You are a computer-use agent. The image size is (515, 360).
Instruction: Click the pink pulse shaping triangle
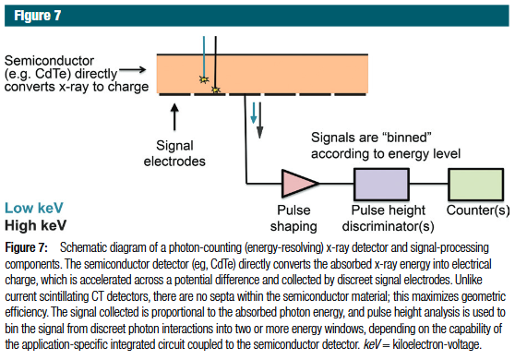coord(297,184)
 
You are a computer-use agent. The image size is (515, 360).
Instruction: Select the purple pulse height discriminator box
coord(381,185)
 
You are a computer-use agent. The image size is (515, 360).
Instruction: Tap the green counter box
coord(476,185)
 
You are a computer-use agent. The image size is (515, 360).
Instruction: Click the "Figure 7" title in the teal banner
coord(38,16)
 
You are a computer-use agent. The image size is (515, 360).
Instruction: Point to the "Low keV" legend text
coord(34,208)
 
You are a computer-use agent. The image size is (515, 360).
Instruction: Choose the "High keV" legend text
coord(35,225)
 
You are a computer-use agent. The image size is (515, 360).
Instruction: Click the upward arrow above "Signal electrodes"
coord(174,117)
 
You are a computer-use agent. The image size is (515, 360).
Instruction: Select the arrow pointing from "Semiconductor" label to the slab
coord(133,69)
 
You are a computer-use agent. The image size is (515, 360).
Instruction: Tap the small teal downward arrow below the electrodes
coord(253,113)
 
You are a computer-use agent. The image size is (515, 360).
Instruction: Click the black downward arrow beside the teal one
coord(259,120)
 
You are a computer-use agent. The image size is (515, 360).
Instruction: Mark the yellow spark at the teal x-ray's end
coord(204,79)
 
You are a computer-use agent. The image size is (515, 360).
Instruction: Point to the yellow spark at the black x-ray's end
coord(215,90)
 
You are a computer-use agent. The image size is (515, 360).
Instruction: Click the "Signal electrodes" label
coord(174,153)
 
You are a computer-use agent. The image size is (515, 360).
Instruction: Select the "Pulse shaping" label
coord(293,218)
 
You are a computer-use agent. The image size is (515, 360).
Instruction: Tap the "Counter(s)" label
coord(478,210)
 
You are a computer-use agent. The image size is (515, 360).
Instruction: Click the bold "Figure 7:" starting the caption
coord(26,247)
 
